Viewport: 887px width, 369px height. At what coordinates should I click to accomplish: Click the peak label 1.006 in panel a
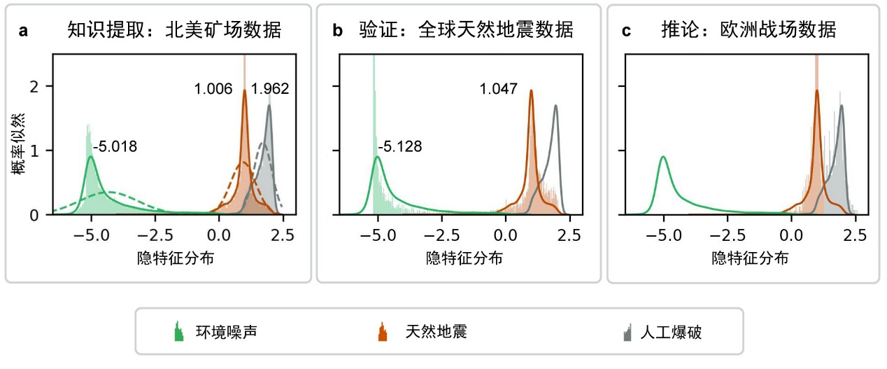pyautogui.click(x=213, y=89)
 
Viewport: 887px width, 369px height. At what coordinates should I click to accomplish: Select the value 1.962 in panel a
pyautogui.click(x=270, y=89)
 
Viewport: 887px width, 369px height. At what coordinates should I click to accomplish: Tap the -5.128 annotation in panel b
pyautogui.click(x=401, y=147)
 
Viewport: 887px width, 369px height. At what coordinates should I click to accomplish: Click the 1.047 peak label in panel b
pyautogui.click(x=498, y=89)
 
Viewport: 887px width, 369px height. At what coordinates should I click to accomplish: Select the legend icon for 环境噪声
pyautogui.click(x=178, y=332)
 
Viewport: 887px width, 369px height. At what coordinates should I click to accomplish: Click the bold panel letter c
pyautogui.click(x=626, y=31)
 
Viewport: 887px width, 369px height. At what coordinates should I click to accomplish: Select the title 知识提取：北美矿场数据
pyautogui.click(x=174, y=30)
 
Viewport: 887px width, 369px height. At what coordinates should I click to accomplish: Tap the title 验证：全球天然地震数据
pyautogui.click(x=466, y=30)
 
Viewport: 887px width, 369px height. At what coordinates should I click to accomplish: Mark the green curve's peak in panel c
pyautogui.click(x=663, y=158)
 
